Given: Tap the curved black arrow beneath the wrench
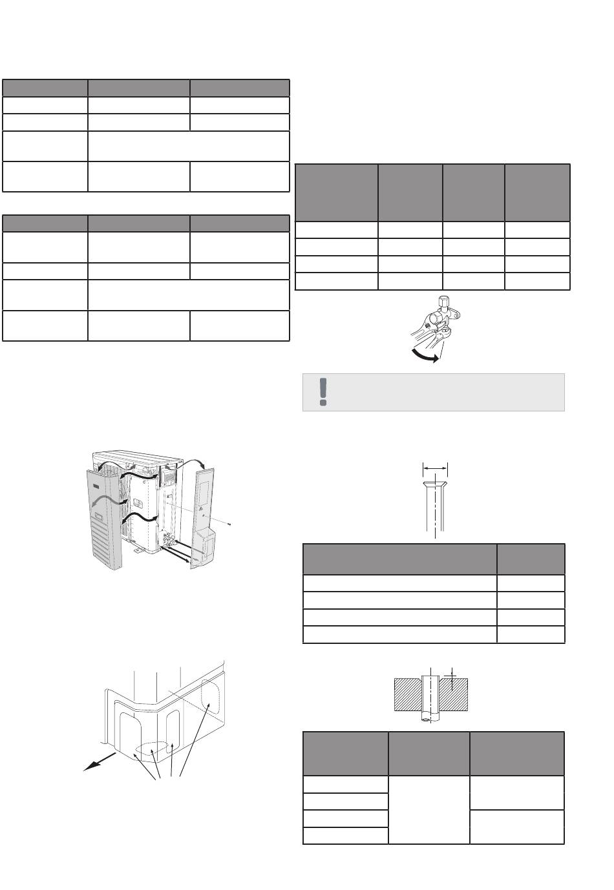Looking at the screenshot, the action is [x=423, y=355].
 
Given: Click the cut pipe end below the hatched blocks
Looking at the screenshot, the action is [x=427, y=716].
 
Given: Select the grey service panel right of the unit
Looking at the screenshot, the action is [x=204, y=510].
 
